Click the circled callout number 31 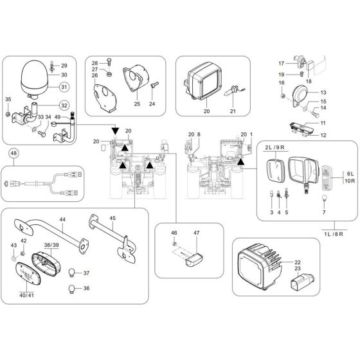[64, 87]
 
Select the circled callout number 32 [64, 105]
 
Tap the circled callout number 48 [14, 154]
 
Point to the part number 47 [197, 233]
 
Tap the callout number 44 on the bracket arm [62, 219]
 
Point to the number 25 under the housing [136, 104]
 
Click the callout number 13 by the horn [323, 93]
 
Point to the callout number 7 [324, 212]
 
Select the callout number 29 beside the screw [64, 66]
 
